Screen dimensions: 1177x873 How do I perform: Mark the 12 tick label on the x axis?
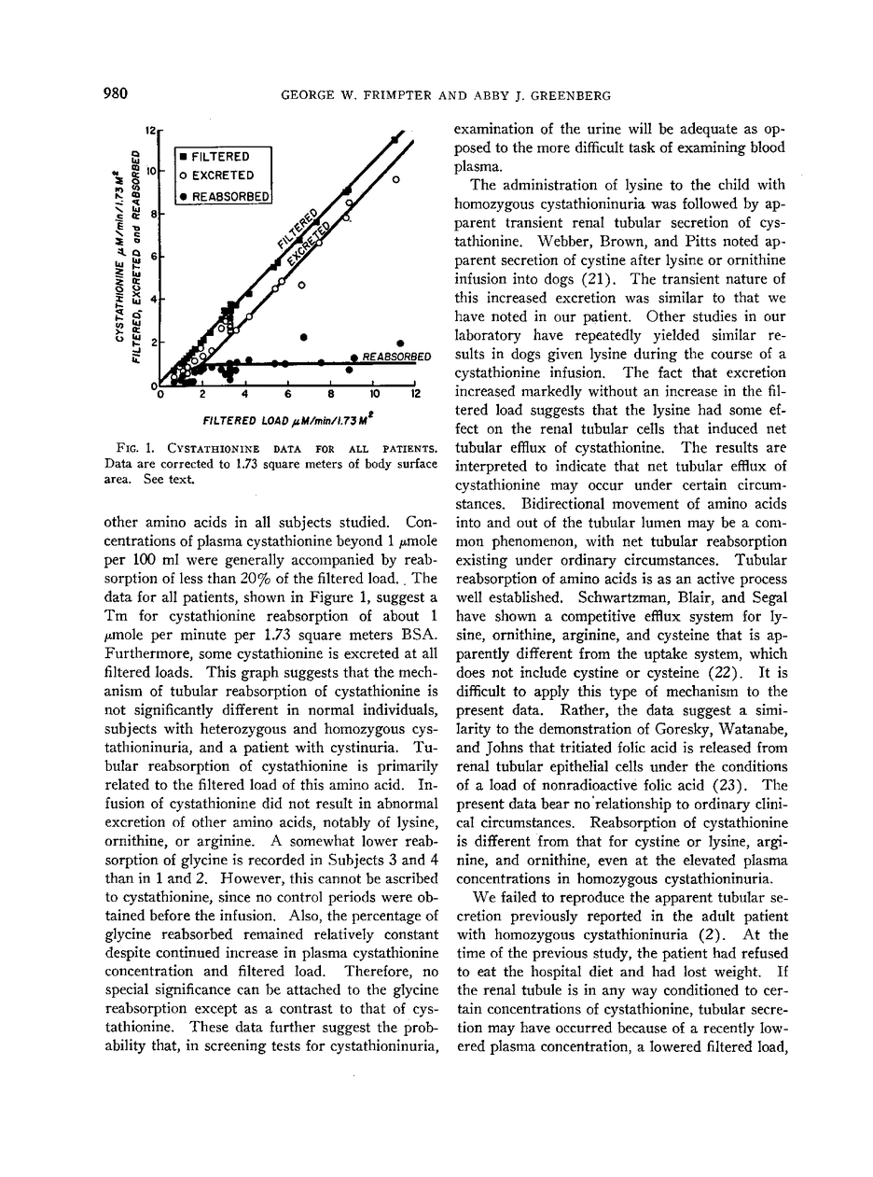[416, 394]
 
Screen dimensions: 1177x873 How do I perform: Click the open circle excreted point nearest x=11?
[395, 178]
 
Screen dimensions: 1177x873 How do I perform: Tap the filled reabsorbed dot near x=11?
[400, 343]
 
